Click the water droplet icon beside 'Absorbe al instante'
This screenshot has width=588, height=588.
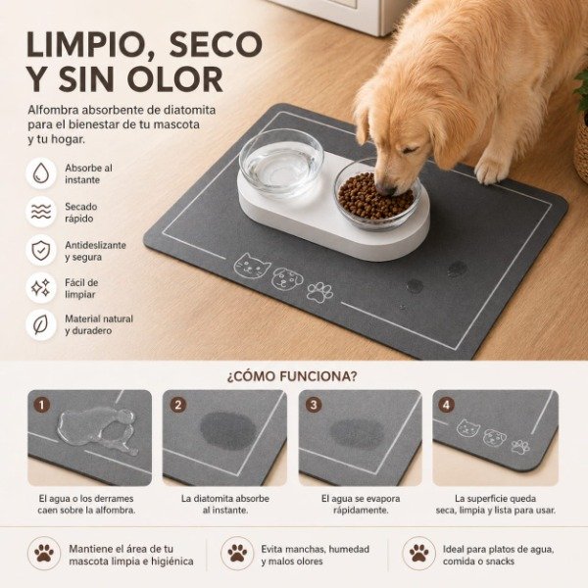coord(40,173)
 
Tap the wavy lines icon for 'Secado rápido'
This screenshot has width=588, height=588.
coord(40,212)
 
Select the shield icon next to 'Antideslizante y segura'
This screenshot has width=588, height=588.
coord(40,250)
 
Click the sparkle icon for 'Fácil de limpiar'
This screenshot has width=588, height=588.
coord(40,288)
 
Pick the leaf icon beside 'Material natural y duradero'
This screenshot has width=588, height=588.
coord(40,324)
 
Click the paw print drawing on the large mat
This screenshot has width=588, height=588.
coord(319,291)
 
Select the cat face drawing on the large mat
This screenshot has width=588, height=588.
coord(250,265)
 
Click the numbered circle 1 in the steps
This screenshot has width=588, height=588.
coord(41,404)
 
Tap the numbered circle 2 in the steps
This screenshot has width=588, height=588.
coord(177,404)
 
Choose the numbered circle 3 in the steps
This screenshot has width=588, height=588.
coord(314,404)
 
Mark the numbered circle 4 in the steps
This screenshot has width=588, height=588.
coord(448,404)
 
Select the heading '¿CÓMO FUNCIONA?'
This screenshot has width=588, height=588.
coord(292,376)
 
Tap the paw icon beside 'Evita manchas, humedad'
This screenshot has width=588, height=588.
coord(237,553)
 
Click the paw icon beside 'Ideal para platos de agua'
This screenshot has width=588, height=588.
coord(419,553)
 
